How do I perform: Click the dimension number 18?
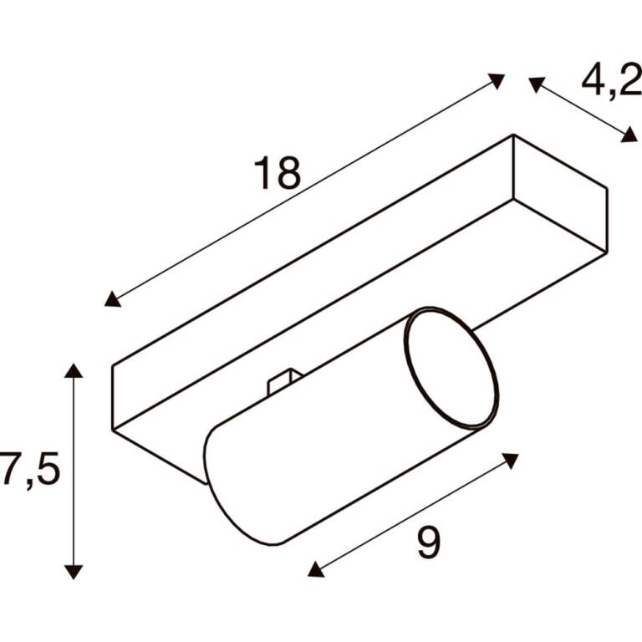tap(278, 173)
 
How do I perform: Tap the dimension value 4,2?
tap(611, 81)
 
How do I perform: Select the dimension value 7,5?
tap(30, 469)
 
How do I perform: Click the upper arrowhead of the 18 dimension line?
tap(497, 80)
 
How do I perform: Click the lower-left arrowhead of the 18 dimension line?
tap(112, 299)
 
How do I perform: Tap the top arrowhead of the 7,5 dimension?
tap(74, 369)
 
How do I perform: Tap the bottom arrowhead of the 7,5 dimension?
tap(74, 572)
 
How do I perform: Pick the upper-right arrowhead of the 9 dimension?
tap(511, 461)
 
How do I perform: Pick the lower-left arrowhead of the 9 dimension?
tap(315, 569)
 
